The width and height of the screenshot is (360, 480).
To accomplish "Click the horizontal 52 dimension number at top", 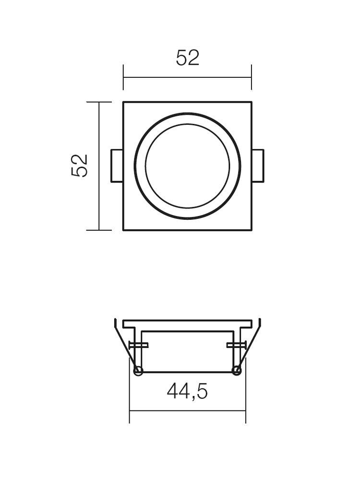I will click(187, 58).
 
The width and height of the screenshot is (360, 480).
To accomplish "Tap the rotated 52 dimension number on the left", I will click(80, 166).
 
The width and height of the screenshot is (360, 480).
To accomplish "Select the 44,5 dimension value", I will click(187, 392).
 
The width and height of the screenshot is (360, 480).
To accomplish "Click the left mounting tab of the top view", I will click(117, 166).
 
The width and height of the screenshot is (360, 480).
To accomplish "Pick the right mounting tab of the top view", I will click(258, 166).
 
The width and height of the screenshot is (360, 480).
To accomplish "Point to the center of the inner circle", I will click(187, 166).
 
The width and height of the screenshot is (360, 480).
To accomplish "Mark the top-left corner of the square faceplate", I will click(124, 102).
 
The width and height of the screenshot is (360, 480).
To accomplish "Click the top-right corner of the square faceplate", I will click(251, 102).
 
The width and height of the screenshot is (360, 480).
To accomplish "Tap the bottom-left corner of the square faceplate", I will click(124, 230).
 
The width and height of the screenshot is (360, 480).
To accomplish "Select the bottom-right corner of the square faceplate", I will click(251, 230).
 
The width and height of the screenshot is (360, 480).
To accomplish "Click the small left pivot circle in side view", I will click(138, 371).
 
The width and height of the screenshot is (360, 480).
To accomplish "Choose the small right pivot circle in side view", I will click(236, 371).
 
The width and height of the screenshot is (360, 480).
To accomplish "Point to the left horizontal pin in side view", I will click(139, 345).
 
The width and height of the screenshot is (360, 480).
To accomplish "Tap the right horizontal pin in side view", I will click(236, 345).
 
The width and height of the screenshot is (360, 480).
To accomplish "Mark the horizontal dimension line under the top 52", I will click(187, 77).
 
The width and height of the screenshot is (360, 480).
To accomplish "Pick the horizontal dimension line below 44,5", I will click(187, 410).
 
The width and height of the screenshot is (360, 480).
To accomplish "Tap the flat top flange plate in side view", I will click(187, 324).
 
